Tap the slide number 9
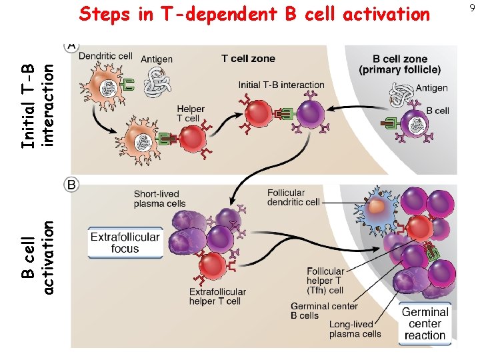point(472,8)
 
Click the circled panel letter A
point(71,45)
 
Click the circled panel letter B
point(71,184)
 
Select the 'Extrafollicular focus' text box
point(125,243)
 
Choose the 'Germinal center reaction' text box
point(425,323)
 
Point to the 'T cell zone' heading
point(248,59)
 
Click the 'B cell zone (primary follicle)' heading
point(399,64)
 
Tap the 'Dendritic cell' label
point(105,57)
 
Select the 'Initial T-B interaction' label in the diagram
point(281,85)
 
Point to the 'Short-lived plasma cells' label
point(160,199)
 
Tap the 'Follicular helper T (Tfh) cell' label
point(325,281)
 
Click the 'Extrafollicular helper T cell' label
point(217,297)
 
